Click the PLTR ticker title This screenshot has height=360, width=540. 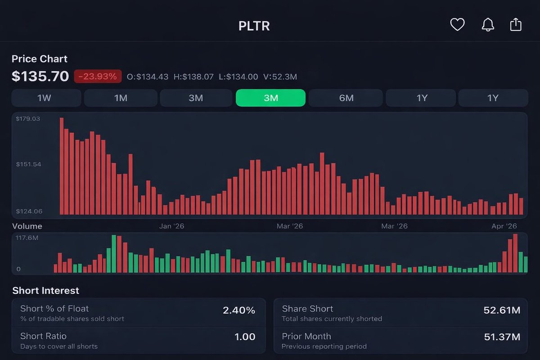pyautogui.click(x=254, y=26)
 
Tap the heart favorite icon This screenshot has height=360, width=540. pyautogui.click(x=457, y=25)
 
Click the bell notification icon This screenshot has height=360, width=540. pyautogui.click(x=487, y=25)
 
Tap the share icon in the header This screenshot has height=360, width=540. pyautogui.click(x=516, y=24)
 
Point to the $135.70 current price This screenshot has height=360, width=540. pyautogui.click(x=40, y=76)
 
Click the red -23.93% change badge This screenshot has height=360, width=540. pyautogui.click(x=98, y=76)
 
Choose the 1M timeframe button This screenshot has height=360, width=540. pyautogui.click(x=121, y=98)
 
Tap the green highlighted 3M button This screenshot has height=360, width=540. pyautogui.click(x=270, y=98)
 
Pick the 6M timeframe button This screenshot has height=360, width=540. pyautogui.click(x=346, y=98)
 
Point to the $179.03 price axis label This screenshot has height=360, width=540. pyautogui.click(x=28, y=119)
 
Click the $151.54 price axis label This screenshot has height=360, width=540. pyautogui.click(x=28, y=164)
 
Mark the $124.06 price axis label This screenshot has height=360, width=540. pyautogui.click(x=29, y=211)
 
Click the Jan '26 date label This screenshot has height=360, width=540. pyautogui.click(x=171, y=226)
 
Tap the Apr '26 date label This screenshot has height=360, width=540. pyautogui.click(x=504, y=226)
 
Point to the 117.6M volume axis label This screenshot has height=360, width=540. pyautogui.click(x=27, y=238)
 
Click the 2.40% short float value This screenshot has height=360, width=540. pyautogui.click(x=238, y=310)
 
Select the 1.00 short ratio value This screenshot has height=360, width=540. pyautogui.click(x=245, y=337)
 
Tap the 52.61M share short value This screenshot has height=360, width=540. pyautogui.click(x=502, y=310)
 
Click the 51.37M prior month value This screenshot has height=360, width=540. pyautogui.click(x=502, y=337)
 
